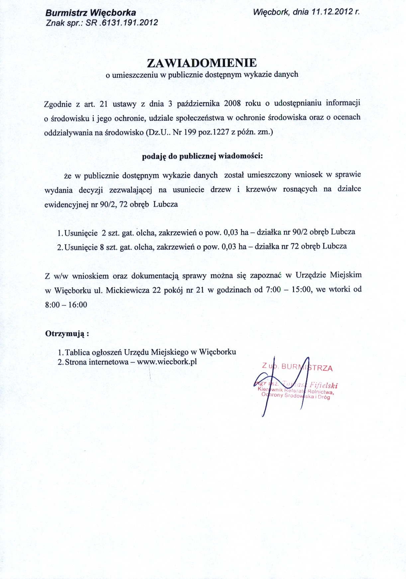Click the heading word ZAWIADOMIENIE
tap(202, 63)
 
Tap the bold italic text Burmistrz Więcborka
tap(91, 13)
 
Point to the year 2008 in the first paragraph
tap(232, 103)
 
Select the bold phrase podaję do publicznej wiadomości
tap(202, 156)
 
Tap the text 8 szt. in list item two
tap(109, 247)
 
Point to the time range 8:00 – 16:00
tap(66, 304)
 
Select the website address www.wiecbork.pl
tap(167, 362)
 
